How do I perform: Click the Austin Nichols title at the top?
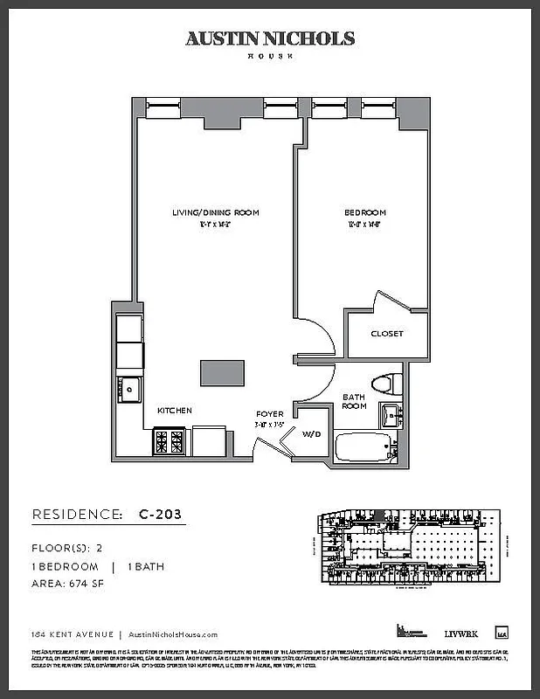click(x=269, y=38)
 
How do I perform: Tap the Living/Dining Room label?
click(x=214, y=212)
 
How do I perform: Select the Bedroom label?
click(x=365, y=212)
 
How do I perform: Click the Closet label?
click(x=386, y=334)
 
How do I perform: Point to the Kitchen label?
click(x=174, y=410)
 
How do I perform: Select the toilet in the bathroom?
click(x=385, y=384)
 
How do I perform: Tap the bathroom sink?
click(x=390, y=417)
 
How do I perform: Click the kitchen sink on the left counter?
click(x=130, y=388)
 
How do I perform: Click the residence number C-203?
click(x=160, y=515)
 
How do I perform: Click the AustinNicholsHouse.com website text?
click(x=172, y=635)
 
